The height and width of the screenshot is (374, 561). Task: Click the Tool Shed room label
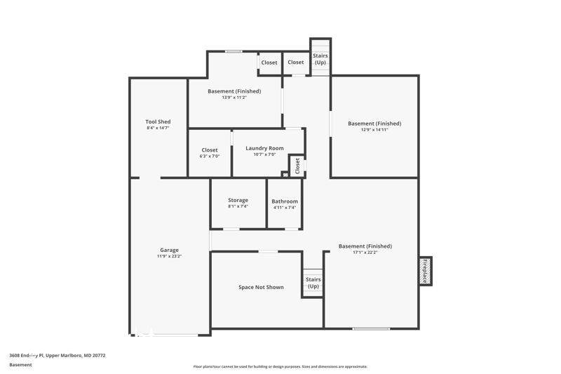pos(158,121)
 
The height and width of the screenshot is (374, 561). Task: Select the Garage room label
pos(169,250)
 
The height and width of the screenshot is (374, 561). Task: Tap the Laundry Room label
pos(264,148)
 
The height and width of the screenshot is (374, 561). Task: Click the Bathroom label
pos(285,201)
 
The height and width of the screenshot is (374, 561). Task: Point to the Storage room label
pos(238,200)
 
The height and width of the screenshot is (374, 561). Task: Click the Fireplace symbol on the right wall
pos(425,271)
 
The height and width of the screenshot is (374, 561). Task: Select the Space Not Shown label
pos(261,287)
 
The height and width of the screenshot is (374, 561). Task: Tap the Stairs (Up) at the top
pos(320,59)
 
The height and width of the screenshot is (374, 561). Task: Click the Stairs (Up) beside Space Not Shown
pos(313,283)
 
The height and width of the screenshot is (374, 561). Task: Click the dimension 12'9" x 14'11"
pos(374,131)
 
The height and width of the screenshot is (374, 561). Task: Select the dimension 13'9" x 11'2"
pos(234,98)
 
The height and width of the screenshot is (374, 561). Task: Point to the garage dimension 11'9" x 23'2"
pos(169,257)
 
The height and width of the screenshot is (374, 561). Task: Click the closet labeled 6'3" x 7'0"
pos(210,156)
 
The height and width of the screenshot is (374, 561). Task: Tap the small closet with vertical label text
pos(297,166)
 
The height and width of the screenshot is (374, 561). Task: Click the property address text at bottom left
pos(58,356)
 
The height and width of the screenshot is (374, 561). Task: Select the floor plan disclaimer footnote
pos(280,366)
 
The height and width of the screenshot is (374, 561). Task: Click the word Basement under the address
pos(20,365)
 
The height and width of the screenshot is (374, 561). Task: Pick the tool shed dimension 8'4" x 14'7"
pos(158,128)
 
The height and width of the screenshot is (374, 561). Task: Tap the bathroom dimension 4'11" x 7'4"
pos(285,208)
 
